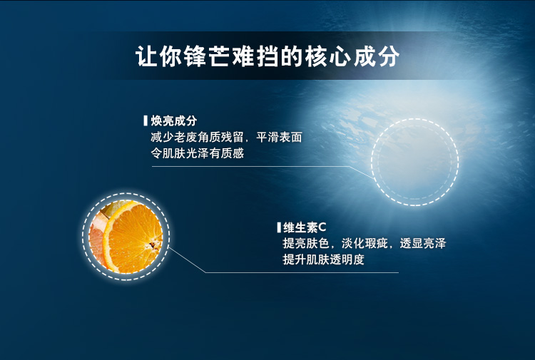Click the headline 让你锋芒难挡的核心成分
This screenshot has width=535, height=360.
point(267,56)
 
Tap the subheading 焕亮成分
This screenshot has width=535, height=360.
point(174,120)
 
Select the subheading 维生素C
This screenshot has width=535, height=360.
point(305,227)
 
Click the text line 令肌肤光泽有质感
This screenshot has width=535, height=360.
point(197,153)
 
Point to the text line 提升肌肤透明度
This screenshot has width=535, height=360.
point(323,259)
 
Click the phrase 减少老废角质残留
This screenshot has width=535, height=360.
point(197,137)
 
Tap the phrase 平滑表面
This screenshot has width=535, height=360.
point(279,137)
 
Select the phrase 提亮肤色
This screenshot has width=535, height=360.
point(306,243)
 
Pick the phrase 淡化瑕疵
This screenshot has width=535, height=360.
point(365,243)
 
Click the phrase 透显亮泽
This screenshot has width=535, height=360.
point(423,243)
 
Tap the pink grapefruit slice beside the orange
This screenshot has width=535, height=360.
point(96,239)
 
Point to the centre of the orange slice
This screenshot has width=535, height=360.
point(153,243)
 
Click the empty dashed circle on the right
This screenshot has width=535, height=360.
point(415,118)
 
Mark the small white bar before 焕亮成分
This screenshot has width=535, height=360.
point(146,120)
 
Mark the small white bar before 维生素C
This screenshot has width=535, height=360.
point(279,227)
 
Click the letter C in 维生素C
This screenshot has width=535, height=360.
point(322,227)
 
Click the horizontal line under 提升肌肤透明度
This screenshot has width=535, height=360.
point(302,272)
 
